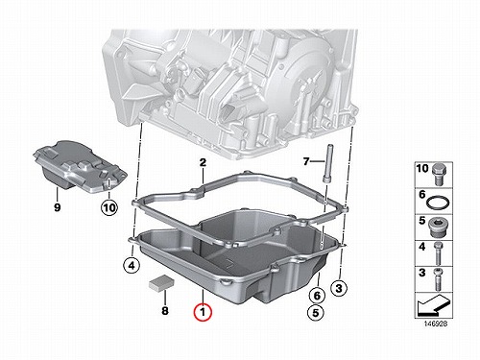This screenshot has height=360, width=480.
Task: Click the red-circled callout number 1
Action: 203,311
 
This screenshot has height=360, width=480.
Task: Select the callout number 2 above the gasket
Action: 203,162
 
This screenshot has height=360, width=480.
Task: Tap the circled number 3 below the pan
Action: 339,289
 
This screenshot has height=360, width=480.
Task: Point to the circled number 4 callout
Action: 132,265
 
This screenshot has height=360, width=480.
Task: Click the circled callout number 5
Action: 316,312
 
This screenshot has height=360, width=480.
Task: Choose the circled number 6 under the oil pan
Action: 317,295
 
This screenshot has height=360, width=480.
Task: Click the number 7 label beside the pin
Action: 306,162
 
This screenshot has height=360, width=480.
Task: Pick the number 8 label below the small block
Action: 165,310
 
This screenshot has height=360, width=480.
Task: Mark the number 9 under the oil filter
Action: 57,207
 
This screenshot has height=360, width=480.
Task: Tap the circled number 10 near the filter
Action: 109,208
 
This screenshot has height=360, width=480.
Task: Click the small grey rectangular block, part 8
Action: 161,283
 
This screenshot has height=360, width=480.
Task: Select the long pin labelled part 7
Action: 329,164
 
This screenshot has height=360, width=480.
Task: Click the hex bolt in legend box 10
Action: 438,175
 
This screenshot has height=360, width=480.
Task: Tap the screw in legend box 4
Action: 438,253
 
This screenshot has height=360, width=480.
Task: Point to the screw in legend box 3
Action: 437,279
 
